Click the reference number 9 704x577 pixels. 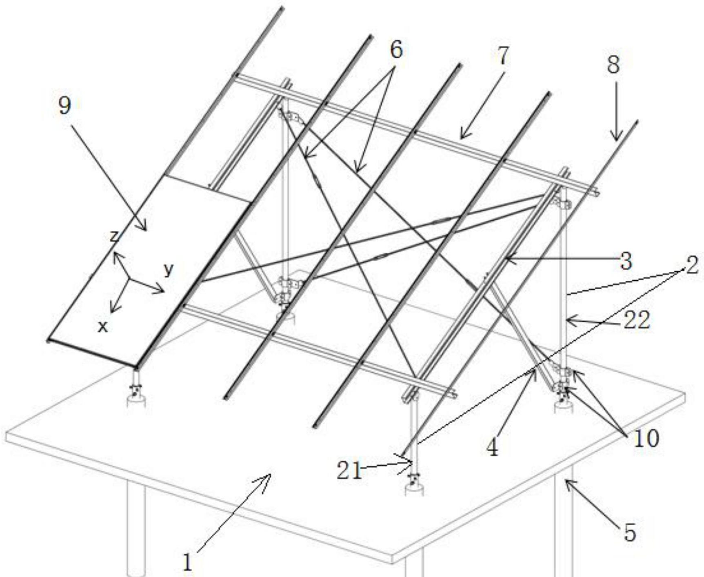tap(64, 106)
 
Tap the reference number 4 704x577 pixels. tap(493, 448)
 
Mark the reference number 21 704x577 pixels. tap(349, 472)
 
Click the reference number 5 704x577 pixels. tap(630, 533)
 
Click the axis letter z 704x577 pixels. tap(114, 236)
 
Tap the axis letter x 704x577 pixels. tap(103, 326)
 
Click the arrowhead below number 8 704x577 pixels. tap(616, 139)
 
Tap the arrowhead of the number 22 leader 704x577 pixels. tap(567, 322)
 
